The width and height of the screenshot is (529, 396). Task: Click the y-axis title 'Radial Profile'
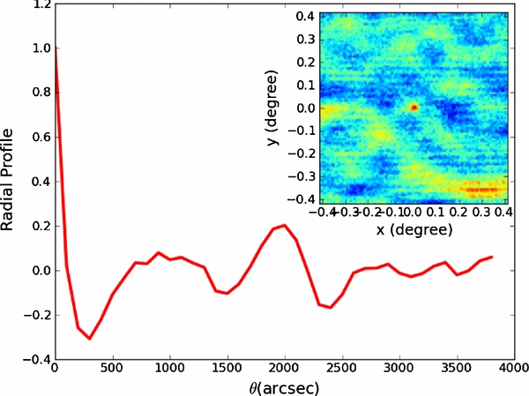(x=11, y=180)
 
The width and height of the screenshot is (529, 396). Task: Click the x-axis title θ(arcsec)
(x=282, y=385)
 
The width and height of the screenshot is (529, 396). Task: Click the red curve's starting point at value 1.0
(x=56, y=49)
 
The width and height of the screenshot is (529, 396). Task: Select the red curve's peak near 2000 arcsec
(x=284, y=226)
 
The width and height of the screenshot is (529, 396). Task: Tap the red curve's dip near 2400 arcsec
(x=330, y=307)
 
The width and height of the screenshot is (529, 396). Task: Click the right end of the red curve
(x=491, y=257)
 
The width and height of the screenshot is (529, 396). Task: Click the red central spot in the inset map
(x=414, y=107)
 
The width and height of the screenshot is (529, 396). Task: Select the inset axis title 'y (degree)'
(x=274, y=108)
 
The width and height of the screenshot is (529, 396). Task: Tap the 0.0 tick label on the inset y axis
(x=304, y=108)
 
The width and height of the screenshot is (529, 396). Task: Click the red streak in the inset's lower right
(x=481, y=189)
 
